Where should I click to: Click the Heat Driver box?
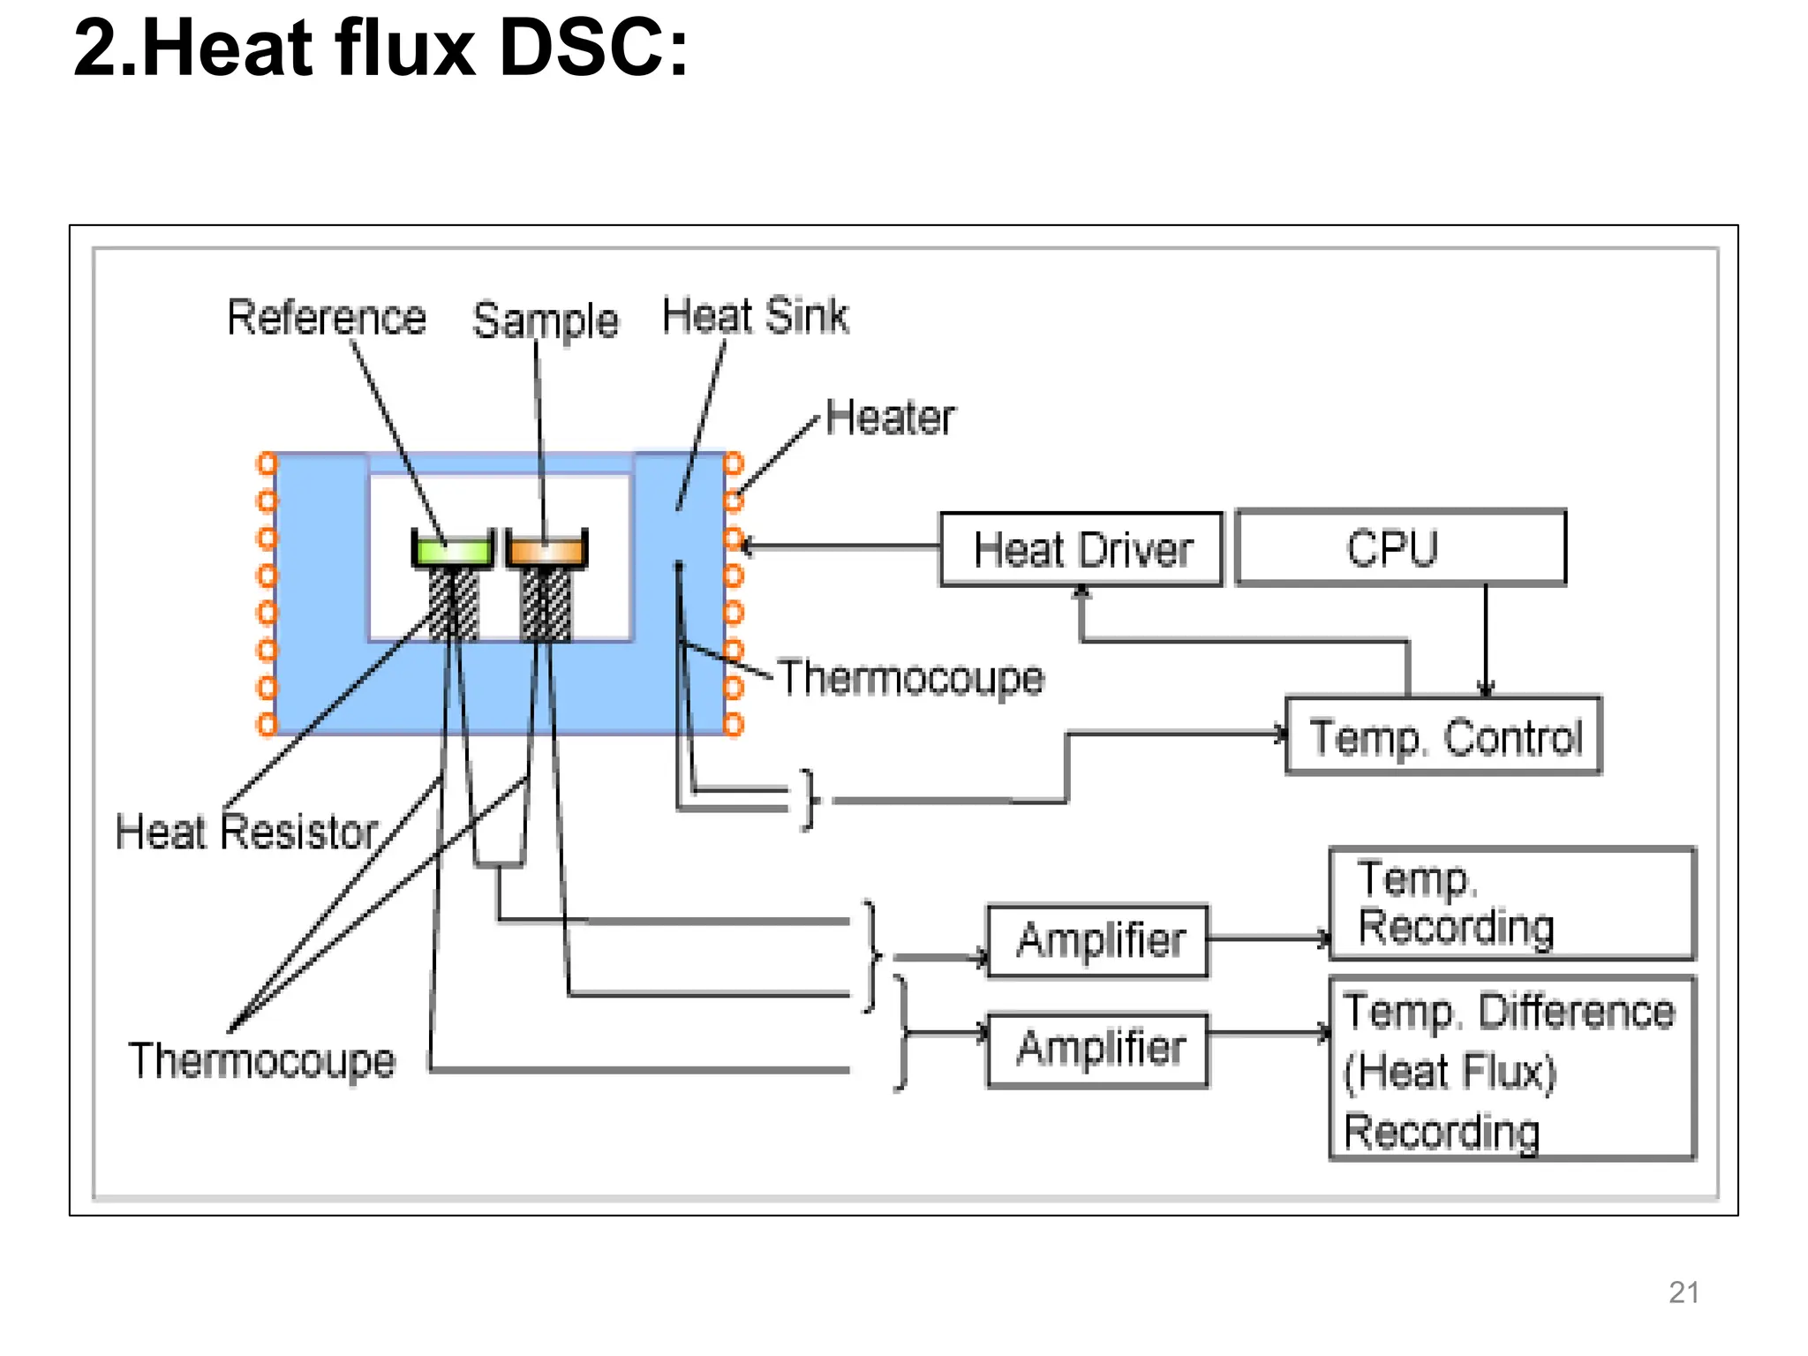1081,549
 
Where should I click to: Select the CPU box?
1400,547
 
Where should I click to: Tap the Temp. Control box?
1443,736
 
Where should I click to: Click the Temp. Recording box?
1511,903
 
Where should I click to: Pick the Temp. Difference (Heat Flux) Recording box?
1511,1068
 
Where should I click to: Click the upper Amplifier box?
1097,940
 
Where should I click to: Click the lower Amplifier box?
1097,1050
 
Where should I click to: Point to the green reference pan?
453,551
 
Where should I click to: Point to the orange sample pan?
546,551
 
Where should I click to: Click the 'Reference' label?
326,318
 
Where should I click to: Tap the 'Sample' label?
545,320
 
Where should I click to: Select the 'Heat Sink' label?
755,316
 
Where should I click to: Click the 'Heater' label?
890,418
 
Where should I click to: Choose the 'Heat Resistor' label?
246,832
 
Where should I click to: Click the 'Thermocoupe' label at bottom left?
261,1060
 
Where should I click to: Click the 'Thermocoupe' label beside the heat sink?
910,678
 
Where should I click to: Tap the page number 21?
1684,1292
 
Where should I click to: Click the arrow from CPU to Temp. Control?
1486,640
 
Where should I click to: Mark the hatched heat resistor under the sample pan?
546,605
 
